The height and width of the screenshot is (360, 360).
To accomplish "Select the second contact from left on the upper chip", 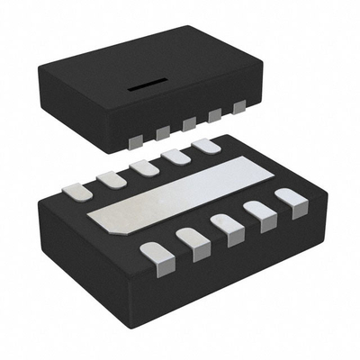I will click(x=164, y=132).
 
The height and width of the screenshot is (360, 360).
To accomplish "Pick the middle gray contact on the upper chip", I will click(x=189, y=124).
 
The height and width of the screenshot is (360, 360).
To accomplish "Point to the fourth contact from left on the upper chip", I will click(x=214, y=116).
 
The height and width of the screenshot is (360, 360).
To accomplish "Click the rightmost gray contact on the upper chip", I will click(x=238, y=108).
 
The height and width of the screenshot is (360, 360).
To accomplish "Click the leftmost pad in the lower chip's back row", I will click(x=76, y=190).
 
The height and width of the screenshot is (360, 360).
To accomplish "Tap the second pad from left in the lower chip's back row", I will click(x=111, y=178).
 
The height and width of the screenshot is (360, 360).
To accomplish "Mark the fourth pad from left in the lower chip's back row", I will click(x=175, y=157).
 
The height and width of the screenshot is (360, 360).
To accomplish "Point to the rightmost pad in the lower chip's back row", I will click(x=206, y=146).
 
